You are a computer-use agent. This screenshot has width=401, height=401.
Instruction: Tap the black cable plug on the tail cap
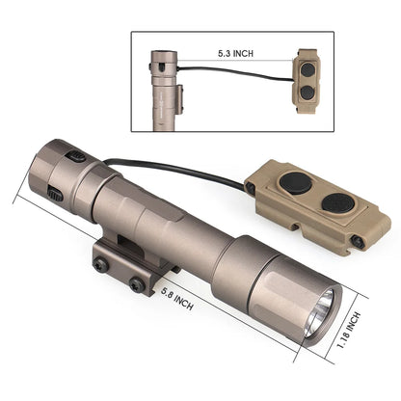click(75, 156)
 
